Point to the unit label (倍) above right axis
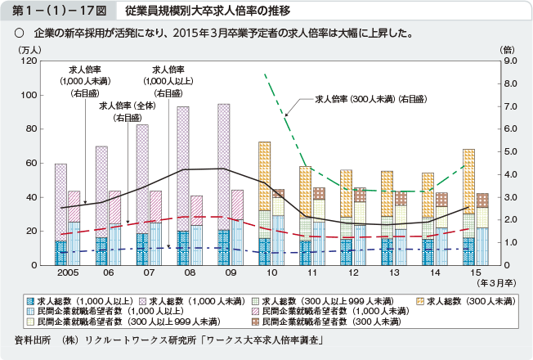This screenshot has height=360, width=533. tap(508, 50)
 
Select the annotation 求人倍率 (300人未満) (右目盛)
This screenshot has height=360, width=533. tap(370, 99)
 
